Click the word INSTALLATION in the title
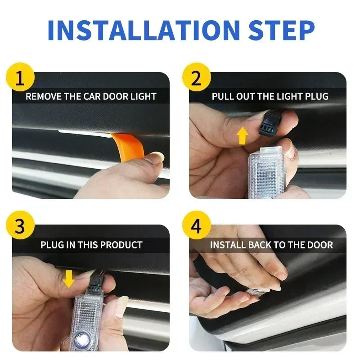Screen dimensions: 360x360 143,30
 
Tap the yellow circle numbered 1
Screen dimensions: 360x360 20,77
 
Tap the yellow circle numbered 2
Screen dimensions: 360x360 196,77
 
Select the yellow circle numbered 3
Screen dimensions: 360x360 20,226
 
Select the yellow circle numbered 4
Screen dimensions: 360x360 196,226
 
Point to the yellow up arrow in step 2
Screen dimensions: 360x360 243,135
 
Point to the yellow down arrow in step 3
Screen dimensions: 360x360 68,279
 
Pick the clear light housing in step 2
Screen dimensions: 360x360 266,171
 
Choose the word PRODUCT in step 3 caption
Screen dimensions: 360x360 121,245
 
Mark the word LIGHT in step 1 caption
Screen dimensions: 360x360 143,96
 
